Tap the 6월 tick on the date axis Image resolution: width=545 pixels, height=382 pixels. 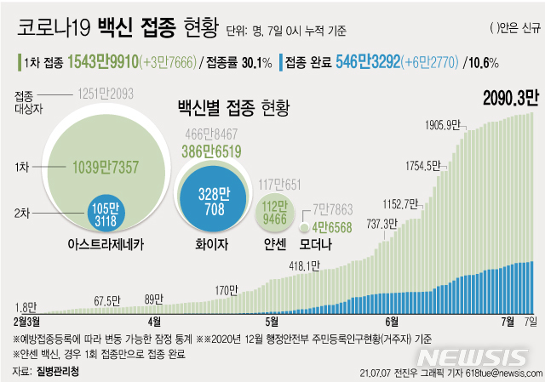(392, 321)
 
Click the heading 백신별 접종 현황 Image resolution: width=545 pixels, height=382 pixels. (232, 108)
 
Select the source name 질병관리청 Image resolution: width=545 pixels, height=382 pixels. (64, 371)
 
